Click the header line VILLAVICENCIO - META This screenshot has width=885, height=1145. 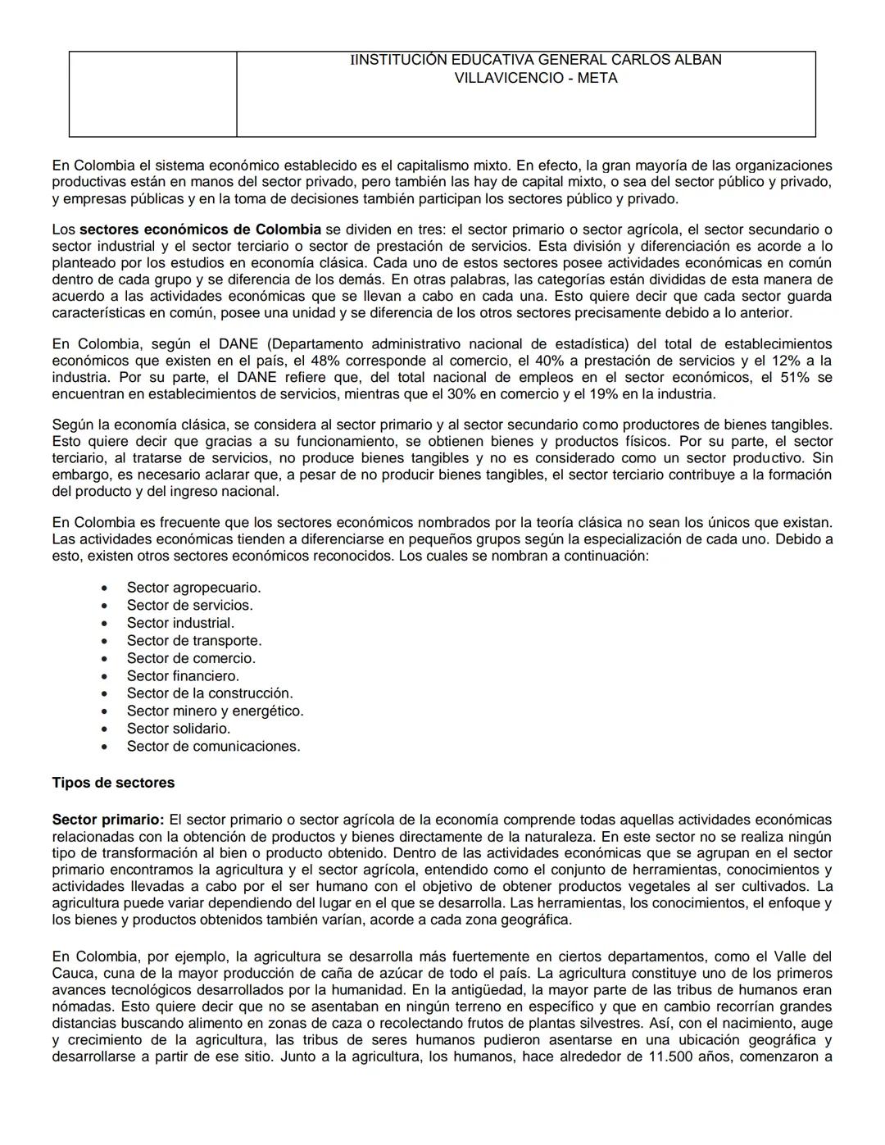(536, 79)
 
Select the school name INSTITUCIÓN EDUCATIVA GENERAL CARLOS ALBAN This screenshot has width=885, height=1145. (536, 60)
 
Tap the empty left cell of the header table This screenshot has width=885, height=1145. (152, 94)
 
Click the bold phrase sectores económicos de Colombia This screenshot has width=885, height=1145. (200, 229)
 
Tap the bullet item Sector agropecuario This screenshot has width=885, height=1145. (193, 588)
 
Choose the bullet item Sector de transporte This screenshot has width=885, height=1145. (194, 641)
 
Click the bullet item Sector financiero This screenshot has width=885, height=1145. (183, 676)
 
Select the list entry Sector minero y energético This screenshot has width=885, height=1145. (215, 711)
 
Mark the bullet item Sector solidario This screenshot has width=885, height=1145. (179, 729)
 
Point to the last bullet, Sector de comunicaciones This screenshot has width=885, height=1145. (213, 747)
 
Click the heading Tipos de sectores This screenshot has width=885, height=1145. (113, 783)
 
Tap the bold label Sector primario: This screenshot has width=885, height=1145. (108, 820)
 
